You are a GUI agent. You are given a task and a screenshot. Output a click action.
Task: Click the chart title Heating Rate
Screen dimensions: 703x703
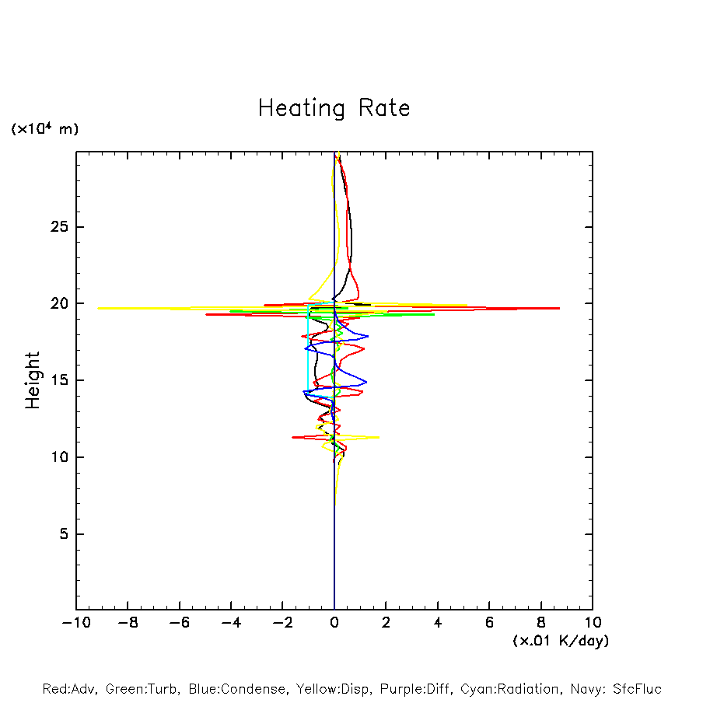[334, 108]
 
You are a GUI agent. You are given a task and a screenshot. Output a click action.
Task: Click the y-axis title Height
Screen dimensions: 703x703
[33, 380]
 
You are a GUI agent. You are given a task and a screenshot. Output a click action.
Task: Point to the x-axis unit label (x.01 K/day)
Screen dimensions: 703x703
[560, 641]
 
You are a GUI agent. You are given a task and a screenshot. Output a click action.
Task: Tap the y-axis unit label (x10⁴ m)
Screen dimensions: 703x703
[44, 129]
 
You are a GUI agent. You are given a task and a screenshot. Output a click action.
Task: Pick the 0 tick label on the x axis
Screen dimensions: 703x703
[334, 622]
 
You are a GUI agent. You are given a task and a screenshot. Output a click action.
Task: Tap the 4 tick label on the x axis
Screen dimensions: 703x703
[438, 622]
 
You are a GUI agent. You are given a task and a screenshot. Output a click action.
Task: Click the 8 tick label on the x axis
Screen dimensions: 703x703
[541, 622]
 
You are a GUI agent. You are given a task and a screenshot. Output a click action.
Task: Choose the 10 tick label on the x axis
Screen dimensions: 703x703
[593, 622]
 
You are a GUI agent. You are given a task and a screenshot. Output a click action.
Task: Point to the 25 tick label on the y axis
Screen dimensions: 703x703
[60, 227]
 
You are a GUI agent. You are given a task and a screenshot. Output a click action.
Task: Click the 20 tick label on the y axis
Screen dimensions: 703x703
[60, 303]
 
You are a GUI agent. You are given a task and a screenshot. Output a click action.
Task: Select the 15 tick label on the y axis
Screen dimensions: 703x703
[60, 380]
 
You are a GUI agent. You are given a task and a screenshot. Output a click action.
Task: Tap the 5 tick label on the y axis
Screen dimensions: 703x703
[64, 534]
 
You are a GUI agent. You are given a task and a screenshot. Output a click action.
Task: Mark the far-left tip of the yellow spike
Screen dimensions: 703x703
[98, 308]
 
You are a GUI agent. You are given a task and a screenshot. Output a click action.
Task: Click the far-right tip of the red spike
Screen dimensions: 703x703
[559, 308]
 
